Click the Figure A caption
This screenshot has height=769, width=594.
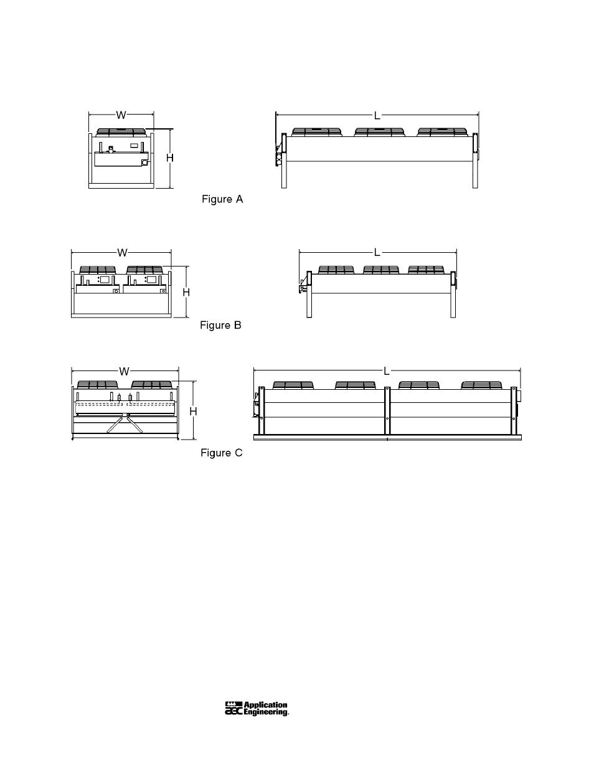click(222, 199)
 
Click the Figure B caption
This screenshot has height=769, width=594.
click(220, 325)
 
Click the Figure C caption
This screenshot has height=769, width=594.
click(222, 453)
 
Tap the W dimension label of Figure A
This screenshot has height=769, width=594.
click(121, 115)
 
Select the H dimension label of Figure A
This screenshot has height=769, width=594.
click(170, 158)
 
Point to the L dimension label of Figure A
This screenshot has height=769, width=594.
click(377, 116)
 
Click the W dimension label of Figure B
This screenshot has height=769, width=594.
click(123, 253)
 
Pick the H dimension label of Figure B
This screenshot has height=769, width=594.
click(186, 292)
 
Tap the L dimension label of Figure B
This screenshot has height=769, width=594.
click(377, 253)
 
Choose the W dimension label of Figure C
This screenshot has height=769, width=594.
click(124, 372)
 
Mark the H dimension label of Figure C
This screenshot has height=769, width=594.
click(193, 412)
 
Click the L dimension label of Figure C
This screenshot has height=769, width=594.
click(387, 371)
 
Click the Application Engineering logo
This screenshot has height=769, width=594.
click(257, 709)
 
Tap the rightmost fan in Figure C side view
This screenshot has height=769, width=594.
click(482, 385)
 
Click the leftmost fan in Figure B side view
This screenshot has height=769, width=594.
click(336, 270)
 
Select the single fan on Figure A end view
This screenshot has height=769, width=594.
click(121, 133)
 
